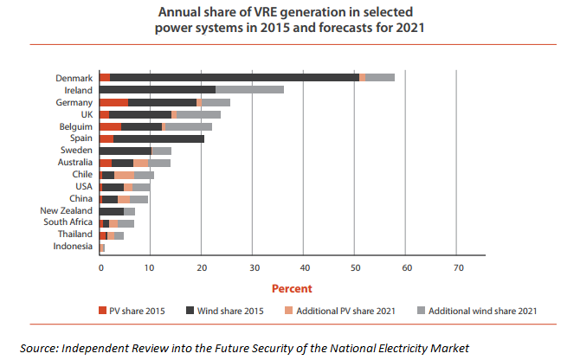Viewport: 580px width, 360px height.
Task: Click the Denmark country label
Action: pyautogui.click(x=74, y=78)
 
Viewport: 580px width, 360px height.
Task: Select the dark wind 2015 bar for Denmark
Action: pyautogui.click(x=234, y=78)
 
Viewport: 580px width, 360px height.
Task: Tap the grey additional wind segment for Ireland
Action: pyautogui.click(x=249, y=90)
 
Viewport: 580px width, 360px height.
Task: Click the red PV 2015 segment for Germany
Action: pyautogui.click(x=114, y=102)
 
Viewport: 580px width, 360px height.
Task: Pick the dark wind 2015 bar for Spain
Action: pyautogui.click(x=158, y=138)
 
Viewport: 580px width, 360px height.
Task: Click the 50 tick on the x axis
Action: pyautogui.click(x=356, y=267)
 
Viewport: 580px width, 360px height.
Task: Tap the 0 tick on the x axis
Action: pyautogui.click(x=100, y=267)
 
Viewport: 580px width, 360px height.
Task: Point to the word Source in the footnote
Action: pyautogui.click(x=40, y=348)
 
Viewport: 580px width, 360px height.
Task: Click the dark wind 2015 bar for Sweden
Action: pyautogui.click(x=126, y=151)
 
